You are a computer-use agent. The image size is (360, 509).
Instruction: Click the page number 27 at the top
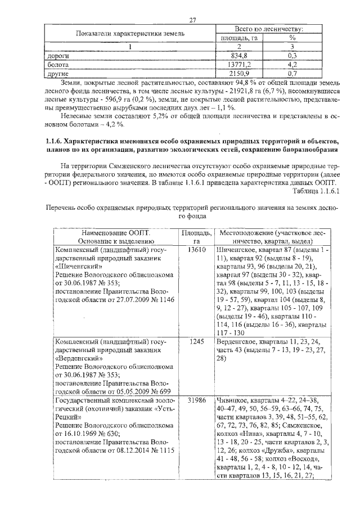192,21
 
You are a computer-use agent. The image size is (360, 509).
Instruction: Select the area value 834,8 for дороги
239,56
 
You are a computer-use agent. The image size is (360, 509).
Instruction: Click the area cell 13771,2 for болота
239,64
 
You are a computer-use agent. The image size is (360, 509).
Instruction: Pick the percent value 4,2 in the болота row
292,64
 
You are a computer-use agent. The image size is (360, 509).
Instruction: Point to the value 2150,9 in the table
239,73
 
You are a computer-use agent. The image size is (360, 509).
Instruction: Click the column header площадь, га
239,38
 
